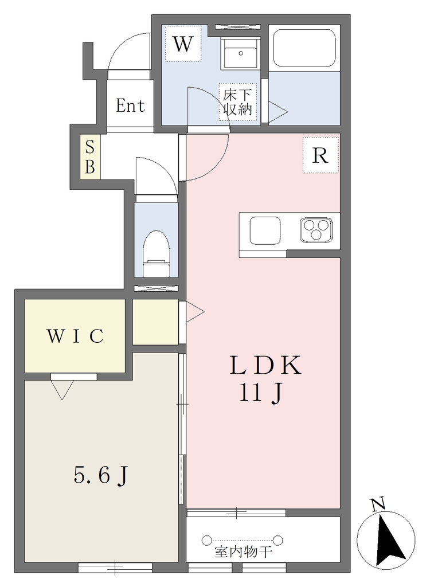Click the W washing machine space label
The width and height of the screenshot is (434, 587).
click(183, 44)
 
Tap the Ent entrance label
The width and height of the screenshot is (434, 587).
click(130, 105)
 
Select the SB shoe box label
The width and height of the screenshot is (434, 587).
click(90, 157)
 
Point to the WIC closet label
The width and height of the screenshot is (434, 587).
click(75, 336)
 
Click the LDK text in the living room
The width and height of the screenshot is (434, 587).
click(265, 365)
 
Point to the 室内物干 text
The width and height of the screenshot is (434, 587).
click(244, 552)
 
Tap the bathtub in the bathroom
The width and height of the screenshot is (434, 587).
click(304, 48)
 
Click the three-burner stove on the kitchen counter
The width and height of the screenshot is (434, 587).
click(316, 229)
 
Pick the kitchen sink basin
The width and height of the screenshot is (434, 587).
click(265, 230)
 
